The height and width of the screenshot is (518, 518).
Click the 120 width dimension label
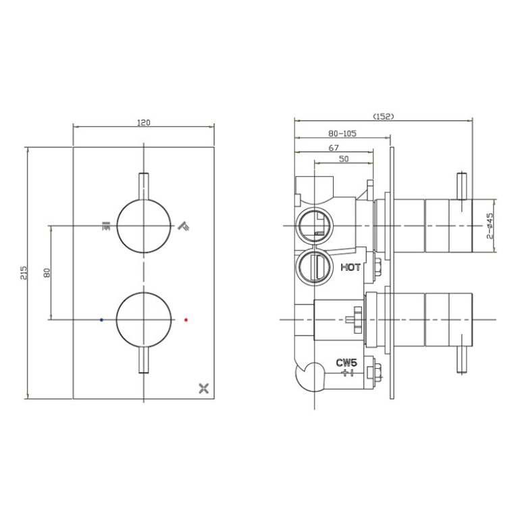click(x=143, y=123)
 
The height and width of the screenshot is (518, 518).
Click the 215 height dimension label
click(x=24, y=272)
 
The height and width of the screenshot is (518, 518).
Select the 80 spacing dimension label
click(x=47, y=272)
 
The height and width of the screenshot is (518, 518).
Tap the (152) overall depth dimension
click(x=382, y=116)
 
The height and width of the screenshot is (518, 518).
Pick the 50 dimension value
click(x=344, y=159)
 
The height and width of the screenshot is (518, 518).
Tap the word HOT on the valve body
click(x=351, y=267)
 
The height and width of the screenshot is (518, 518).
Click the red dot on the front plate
click(x=186, y=319)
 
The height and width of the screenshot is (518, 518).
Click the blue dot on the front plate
click(x=101, y=319)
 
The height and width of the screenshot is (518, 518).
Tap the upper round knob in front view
click(x=143, y=226)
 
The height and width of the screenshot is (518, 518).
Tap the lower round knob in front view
click(x=143, y=319)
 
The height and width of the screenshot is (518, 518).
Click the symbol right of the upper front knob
click(x=182, y=226)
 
